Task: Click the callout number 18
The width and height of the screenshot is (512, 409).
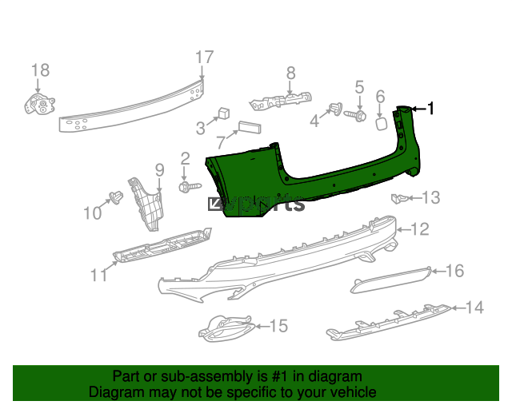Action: tap(40, 71)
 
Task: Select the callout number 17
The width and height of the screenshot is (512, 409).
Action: tap(205, 58)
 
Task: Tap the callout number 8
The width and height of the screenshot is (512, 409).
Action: tap(290, 73)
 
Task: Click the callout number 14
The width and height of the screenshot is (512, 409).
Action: tap(474, 306)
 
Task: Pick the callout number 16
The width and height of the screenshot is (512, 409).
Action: tap(454, 271)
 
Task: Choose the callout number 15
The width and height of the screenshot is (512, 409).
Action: tap(278, 326)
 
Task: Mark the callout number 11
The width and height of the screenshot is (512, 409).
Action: tap(98, 276)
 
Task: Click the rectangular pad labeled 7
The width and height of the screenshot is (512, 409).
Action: tap(247, 130)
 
